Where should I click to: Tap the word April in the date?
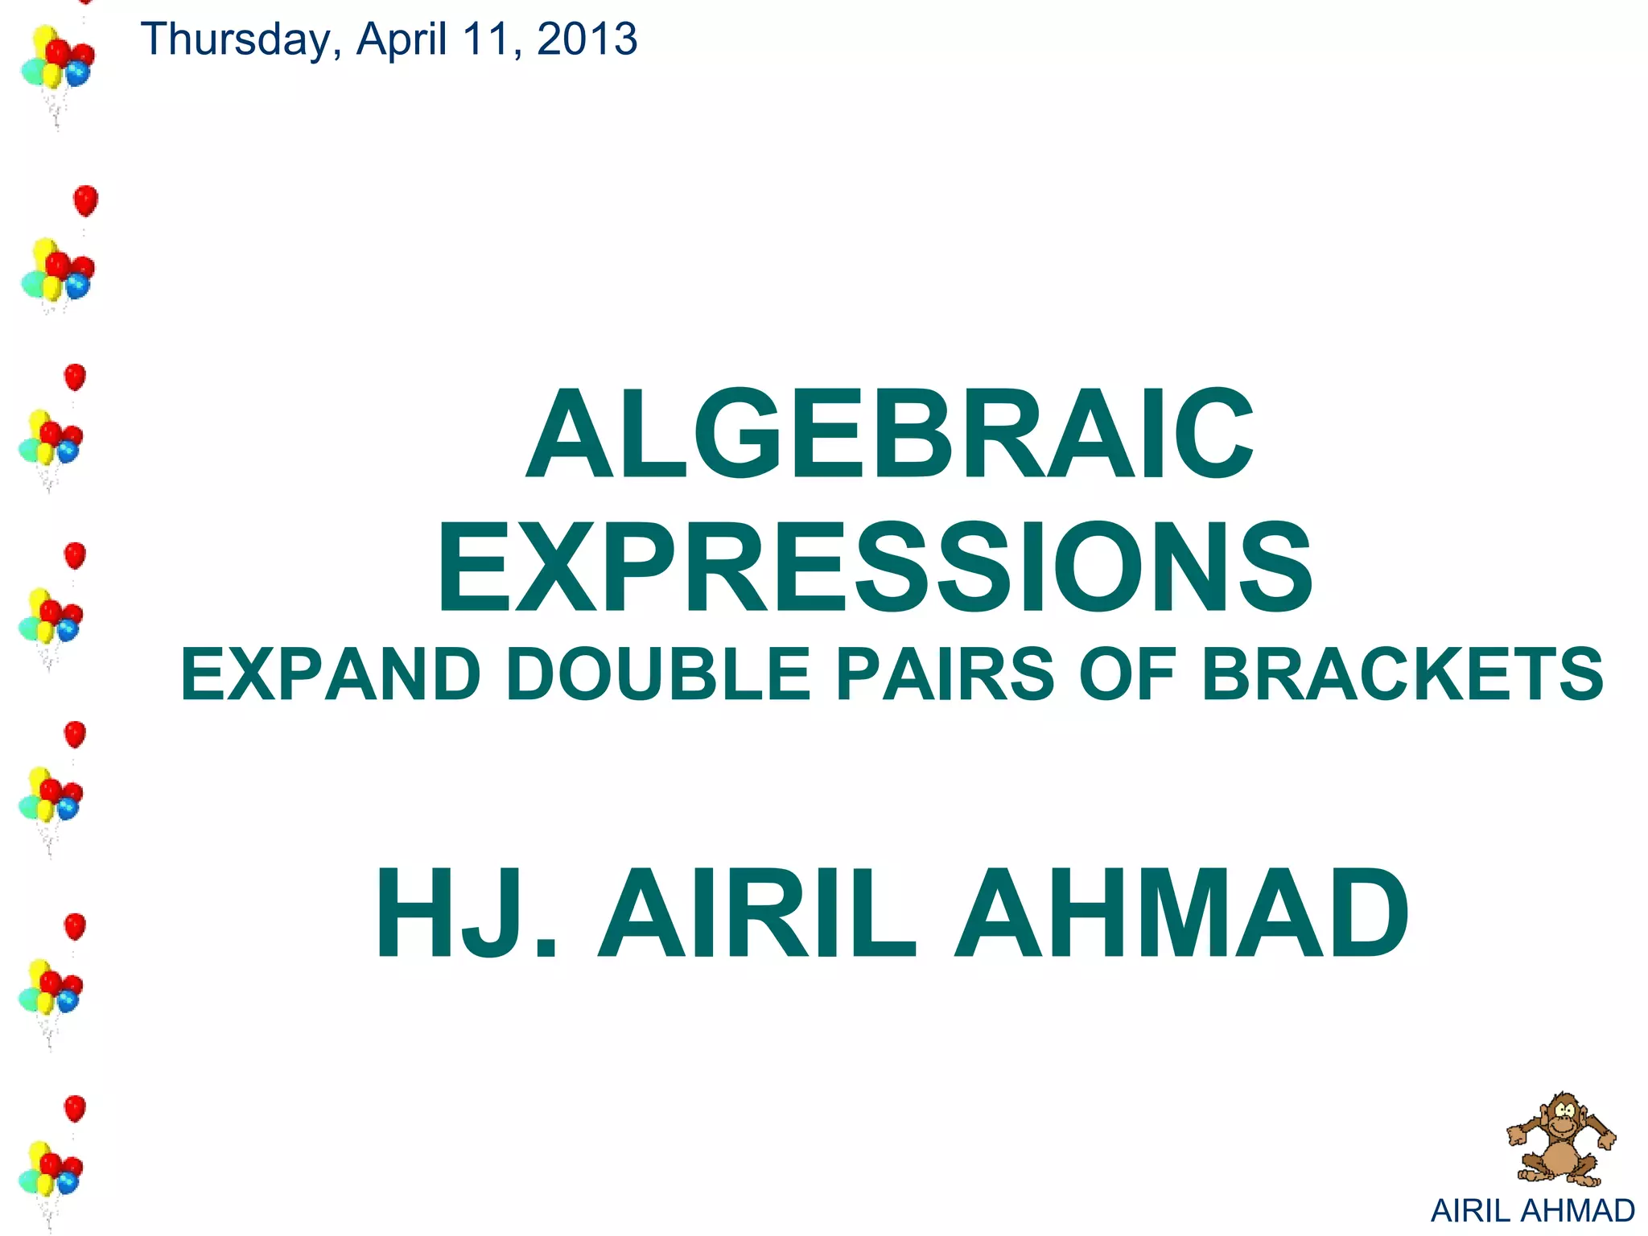402,40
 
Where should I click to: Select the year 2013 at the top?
587,40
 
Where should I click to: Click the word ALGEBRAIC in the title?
889,435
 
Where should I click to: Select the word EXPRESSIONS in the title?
875,568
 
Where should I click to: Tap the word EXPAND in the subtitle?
331,674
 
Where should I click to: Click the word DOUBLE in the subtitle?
658,674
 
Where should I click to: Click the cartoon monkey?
1561,1139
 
